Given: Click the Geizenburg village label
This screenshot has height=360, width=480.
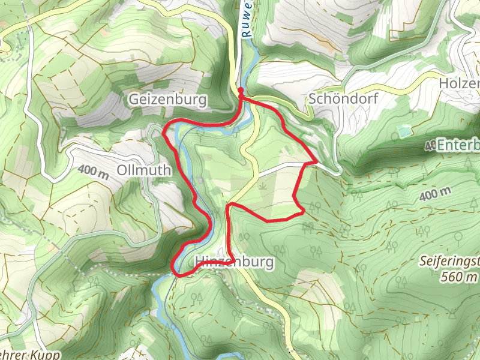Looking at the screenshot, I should [x=167, y=99].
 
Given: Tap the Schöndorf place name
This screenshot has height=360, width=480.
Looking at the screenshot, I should [x=343, y=99].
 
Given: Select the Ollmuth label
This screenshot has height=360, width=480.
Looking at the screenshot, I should [x=145, y=170].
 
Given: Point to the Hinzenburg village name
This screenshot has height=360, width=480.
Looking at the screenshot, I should [x=234, y=262].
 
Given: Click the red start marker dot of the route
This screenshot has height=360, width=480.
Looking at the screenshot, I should [x=241, y=91].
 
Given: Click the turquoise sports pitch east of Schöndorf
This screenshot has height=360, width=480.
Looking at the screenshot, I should [x=406, y=130].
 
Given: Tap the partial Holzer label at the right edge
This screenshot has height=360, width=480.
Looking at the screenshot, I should [x=460, y=83].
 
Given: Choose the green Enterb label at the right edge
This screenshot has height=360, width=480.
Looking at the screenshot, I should [x=458, y=146].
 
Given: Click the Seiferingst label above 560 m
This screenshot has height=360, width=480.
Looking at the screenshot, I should [x=450, y=262].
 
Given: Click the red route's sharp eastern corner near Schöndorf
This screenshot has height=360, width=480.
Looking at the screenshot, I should [x=316, y=162].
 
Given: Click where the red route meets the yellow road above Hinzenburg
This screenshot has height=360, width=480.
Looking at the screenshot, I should [x=229, y=206].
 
